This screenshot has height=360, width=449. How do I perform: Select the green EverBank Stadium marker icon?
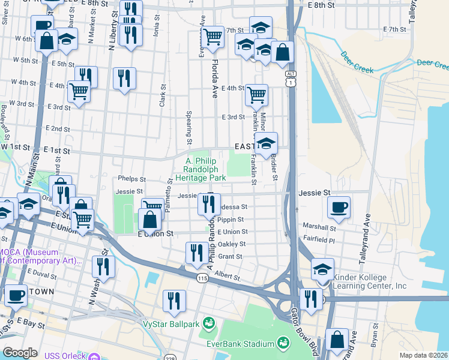pyautogui.click(x=283, y=343)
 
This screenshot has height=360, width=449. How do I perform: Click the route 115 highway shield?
pyautogui.click(x=202, y=277)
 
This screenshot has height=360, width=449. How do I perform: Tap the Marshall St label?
pyautogui.click(x=319, y=227)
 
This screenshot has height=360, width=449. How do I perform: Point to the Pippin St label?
pyautogui.click(x=231, y=220)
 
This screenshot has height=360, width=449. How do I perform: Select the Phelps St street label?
pyautogui.click(x=131, y=179)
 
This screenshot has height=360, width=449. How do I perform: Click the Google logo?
pyautogui.click(x=20, y=353)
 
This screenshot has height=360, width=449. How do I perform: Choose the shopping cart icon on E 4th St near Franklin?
pyautogui.click(x=257, y=94)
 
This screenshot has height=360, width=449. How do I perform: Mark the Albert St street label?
pyautogui.click(x=228, y=277)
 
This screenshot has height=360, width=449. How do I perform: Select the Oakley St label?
pyautogui.click(x=234, y=244)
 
